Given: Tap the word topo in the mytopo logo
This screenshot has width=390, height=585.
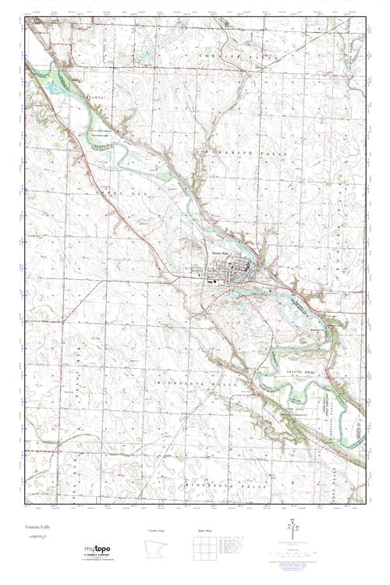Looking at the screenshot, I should pyautogui.click(x=100, y=551).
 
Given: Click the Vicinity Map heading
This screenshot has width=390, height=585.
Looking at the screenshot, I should pyautogui.click(x=157, y=530).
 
